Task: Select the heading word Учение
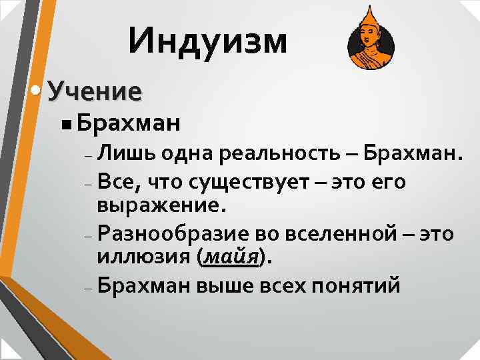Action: tap(95, 91)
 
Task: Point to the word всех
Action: tap(270, 286)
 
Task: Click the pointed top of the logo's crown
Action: tap(369, 8)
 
